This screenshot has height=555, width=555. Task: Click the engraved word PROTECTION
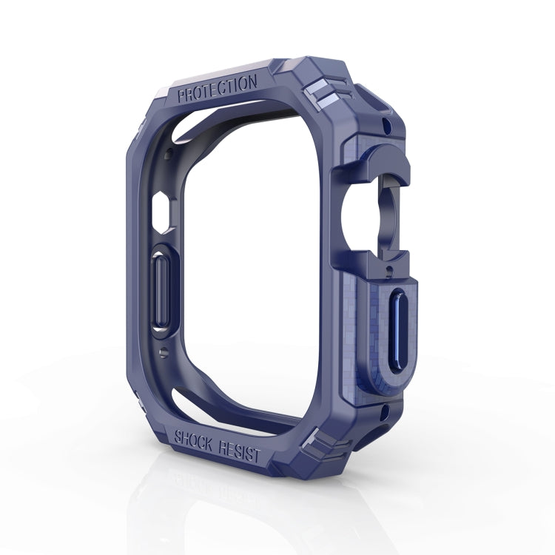pos(218,88)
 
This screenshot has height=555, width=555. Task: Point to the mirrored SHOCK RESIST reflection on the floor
pos(215,485)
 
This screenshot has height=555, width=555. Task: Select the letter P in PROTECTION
pos(183,95)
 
